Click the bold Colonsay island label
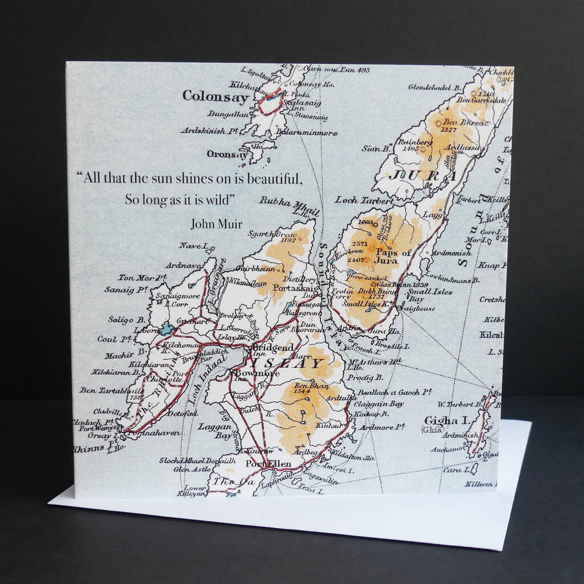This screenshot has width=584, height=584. point(216,96)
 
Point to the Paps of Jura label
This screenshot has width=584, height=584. point(392,256)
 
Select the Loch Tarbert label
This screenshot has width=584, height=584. point(364,200)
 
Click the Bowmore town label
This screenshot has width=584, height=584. point(257,374)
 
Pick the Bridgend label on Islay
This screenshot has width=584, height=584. point(273,347)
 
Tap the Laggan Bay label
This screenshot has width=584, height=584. point(215,431)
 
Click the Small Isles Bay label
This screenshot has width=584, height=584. point(422,295)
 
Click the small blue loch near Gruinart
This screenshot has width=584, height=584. point(167,328)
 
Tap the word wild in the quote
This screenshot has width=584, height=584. point(220,200)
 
